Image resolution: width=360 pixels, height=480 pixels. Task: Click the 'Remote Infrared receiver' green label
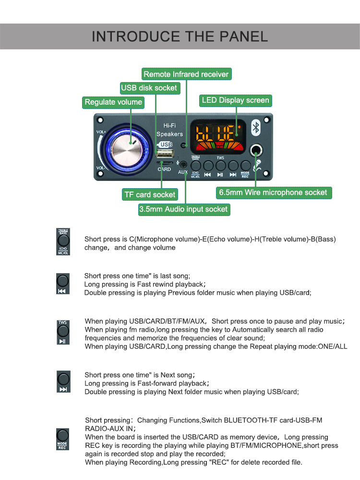[x=187, y=74]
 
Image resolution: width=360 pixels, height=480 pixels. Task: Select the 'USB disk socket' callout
[x=149, y=88]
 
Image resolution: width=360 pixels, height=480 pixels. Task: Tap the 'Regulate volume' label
[x=113, y=102]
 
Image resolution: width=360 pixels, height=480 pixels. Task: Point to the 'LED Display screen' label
[x=236, y=100]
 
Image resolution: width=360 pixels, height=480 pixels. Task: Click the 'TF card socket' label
[x=150, y=194]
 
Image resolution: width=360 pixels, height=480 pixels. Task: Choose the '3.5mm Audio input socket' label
[x=184, y=209]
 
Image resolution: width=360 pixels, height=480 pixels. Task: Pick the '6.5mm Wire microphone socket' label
[x=273, y=192]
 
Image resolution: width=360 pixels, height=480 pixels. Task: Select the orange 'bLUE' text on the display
[x=215, y=132]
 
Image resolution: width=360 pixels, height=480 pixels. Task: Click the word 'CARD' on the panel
[x=164, y=169]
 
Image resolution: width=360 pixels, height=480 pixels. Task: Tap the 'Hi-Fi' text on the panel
[x=169, y=125]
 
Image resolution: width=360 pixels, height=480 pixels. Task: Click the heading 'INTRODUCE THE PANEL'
[x=180, y=36]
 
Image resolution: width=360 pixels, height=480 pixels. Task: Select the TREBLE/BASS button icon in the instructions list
[x=63, y=241]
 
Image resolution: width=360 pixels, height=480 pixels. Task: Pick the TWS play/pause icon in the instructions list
[x=63, y=332]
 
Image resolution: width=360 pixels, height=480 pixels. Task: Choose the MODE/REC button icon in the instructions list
[x=62, y=439]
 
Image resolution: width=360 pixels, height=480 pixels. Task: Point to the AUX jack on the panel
[x=183, y=165]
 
